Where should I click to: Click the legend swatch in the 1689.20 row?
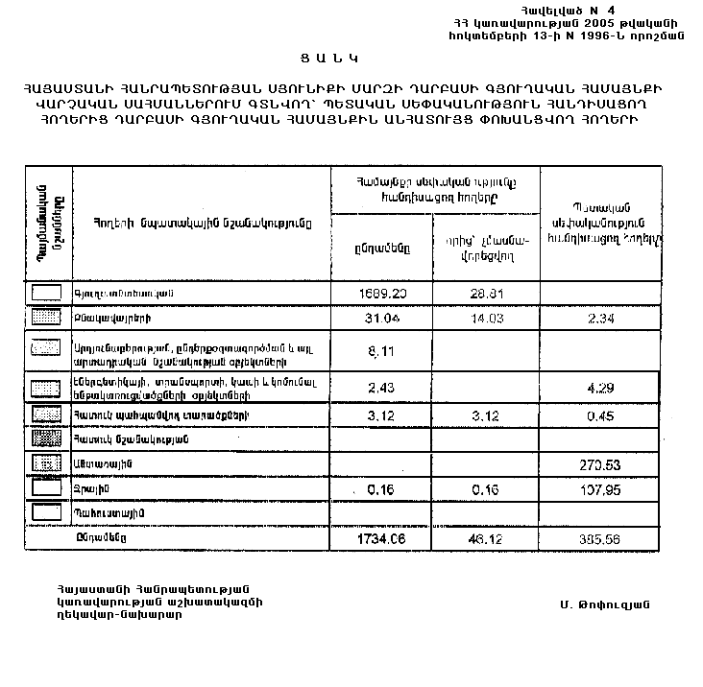tap(47, 292)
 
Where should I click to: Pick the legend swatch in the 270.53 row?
tap(47, 463)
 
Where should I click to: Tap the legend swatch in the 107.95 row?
tap(47, 488)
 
